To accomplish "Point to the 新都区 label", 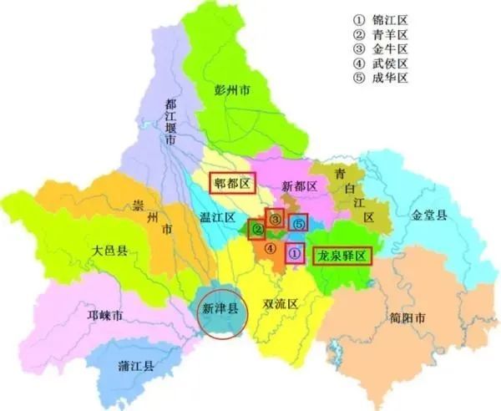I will pos(296,185).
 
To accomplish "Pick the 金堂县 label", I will pos(429,215).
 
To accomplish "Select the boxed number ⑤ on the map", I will pos(299,223).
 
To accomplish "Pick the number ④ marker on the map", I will pos(270,248).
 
